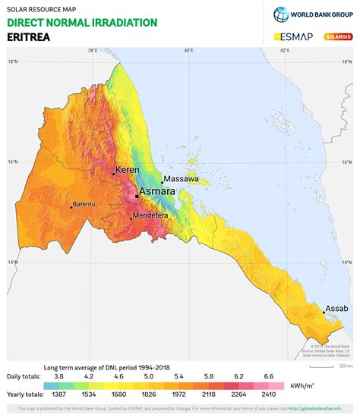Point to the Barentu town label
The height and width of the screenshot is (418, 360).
point(84,204)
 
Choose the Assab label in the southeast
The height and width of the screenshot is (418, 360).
point(336,308)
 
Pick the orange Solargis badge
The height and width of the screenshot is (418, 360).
point(336,36)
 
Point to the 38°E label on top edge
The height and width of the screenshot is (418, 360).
point(92,51)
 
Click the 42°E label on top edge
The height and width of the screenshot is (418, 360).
point(285,51)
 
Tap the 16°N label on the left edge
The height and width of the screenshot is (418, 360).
point(11,162)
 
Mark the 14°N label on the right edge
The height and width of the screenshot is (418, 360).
point(347,262)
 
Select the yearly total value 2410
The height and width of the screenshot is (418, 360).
point(270,394)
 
